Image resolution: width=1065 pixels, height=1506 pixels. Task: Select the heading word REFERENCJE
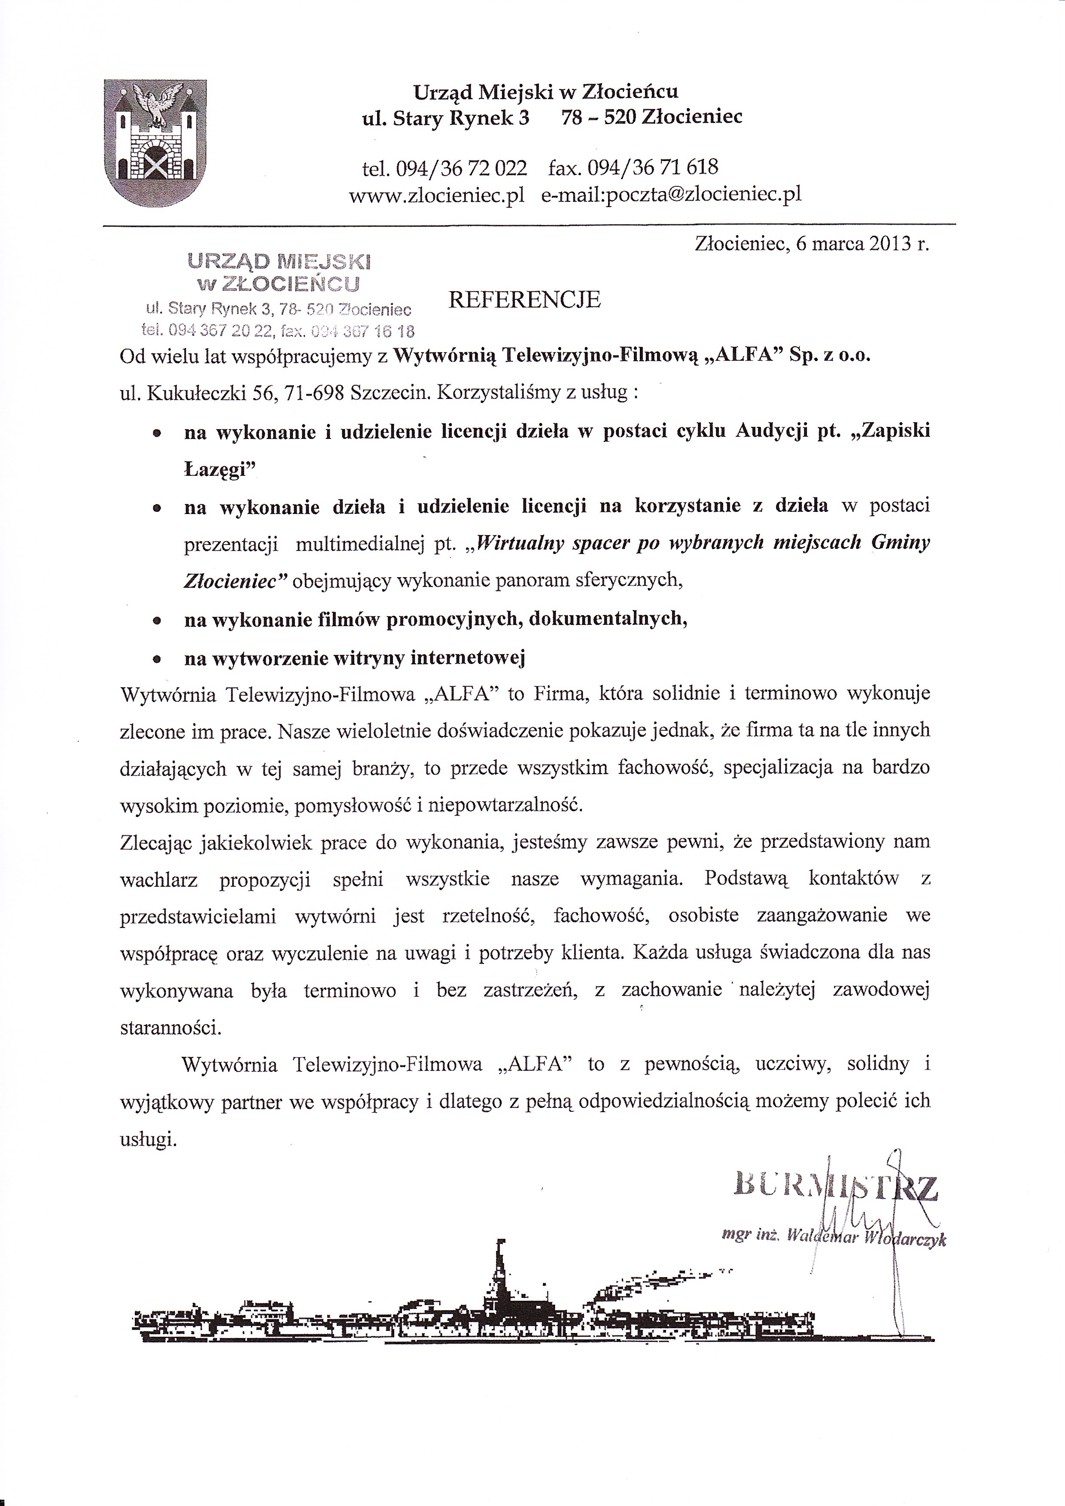(525, 300)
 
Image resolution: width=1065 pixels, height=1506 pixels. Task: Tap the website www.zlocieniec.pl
(436, 195)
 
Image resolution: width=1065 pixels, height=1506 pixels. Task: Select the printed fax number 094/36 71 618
(652, 168)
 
